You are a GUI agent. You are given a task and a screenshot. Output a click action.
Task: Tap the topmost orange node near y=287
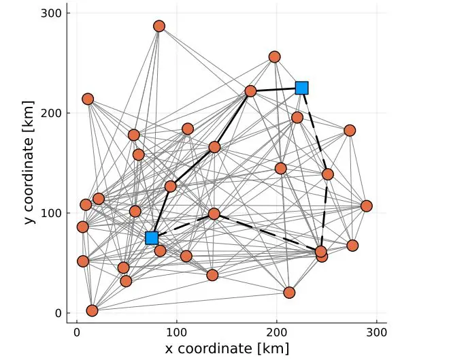point(159,27)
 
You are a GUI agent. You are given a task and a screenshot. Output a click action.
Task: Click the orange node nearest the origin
point(93,311)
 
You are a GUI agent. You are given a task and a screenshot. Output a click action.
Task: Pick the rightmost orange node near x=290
point(367,206)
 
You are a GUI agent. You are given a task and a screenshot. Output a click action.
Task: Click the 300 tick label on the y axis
point(54,13)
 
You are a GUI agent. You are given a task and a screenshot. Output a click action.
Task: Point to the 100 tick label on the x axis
point(177,333)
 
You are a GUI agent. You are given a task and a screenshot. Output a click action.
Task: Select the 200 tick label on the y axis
point(54,113)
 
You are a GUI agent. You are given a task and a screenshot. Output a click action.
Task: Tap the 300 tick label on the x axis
point(377,333)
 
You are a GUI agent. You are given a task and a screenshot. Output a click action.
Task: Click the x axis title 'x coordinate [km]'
point(227,348)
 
